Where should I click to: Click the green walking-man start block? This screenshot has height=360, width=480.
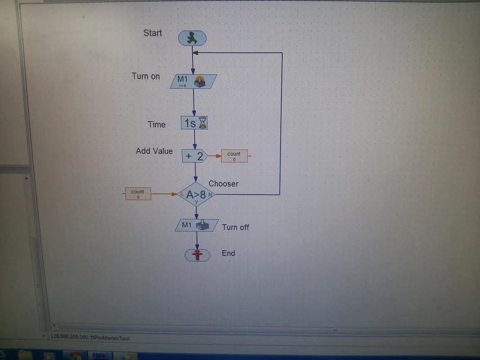coord(193,38)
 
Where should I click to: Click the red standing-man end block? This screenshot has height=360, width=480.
coord(197,255)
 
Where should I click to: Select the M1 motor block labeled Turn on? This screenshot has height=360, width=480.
coord(193,81)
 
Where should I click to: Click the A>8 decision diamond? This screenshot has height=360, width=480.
coord(196,195)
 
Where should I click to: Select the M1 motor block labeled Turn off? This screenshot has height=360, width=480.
coord(197,225)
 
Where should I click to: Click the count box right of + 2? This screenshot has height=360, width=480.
coord(234,156)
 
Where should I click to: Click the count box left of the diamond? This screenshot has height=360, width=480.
coord(138,194)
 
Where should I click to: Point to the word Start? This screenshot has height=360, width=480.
coord(153,33)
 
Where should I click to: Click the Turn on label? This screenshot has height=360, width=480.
coord(146,76)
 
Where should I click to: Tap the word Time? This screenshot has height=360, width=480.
coord(157,125)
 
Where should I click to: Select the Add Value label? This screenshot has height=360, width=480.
coord(154,151)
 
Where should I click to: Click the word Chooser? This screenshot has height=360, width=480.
coord(224,184)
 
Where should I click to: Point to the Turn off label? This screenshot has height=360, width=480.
coord(235,227)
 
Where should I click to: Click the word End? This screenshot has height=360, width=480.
coord(229,253)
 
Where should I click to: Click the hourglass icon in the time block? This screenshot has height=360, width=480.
coord(204,123)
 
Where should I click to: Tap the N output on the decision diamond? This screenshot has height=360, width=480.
coord(210,194)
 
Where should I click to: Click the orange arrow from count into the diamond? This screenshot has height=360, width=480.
coord(165,194)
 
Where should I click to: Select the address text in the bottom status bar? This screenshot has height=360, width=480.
coord(90,337)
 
